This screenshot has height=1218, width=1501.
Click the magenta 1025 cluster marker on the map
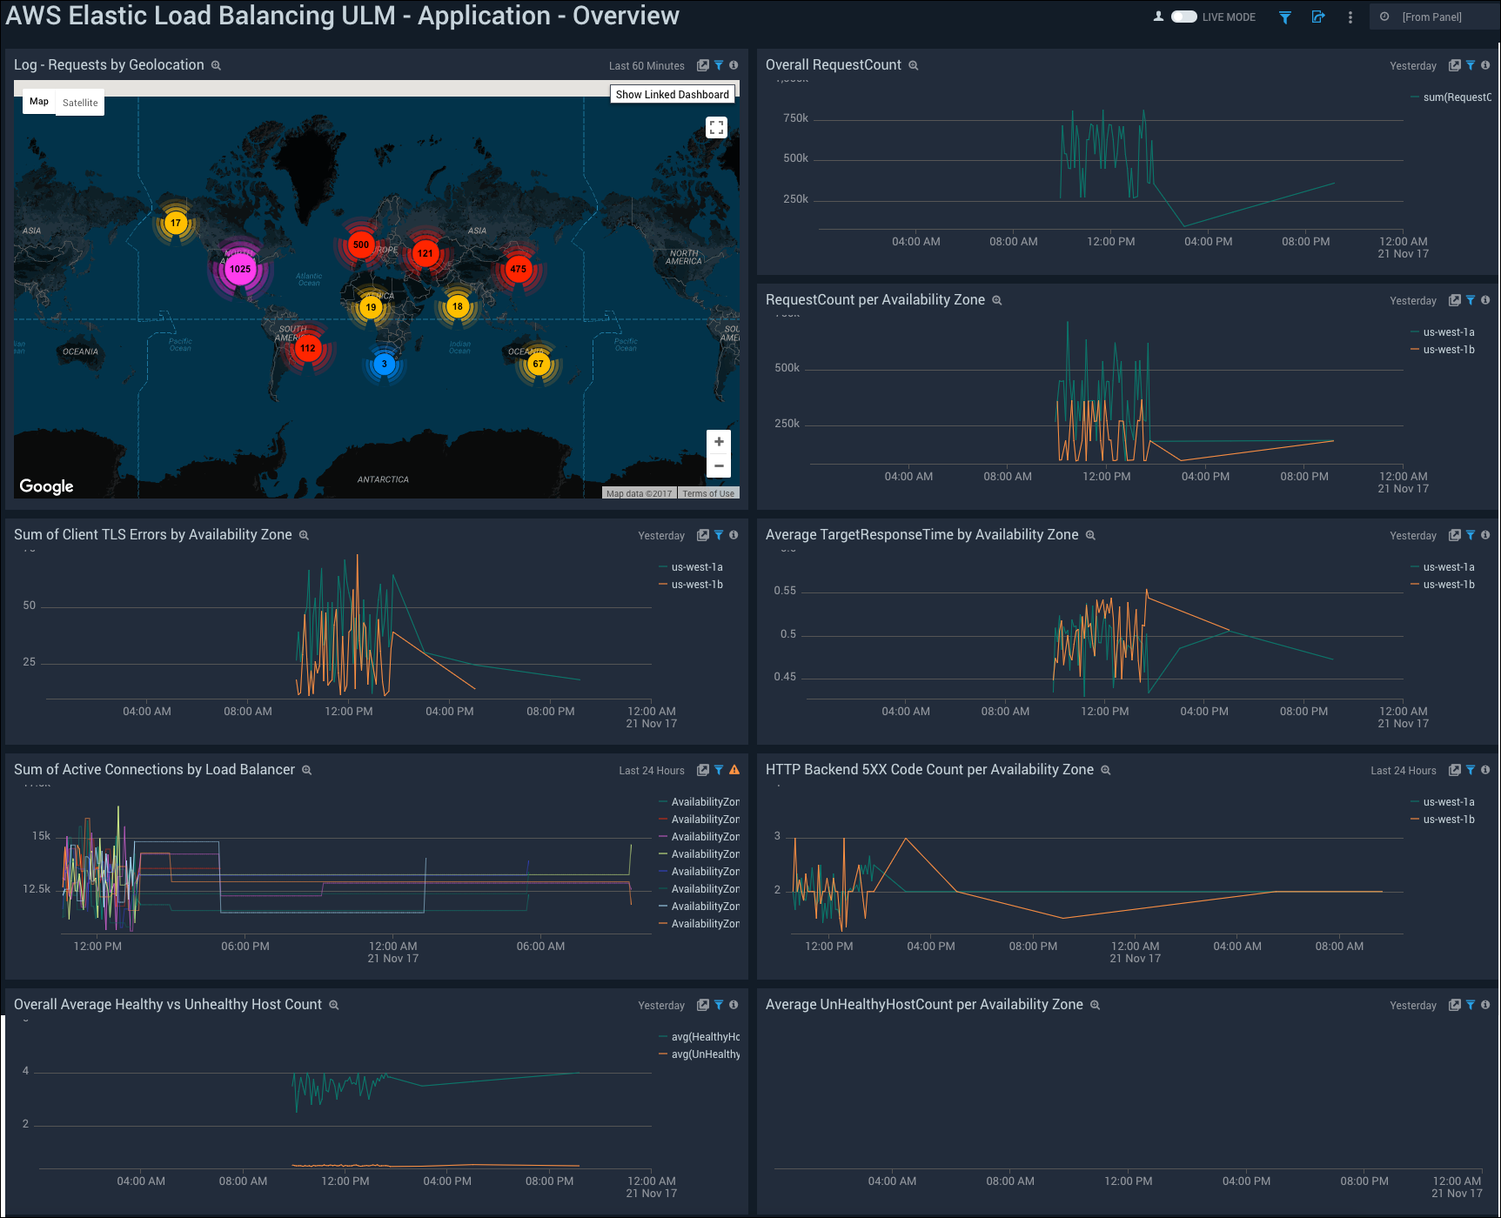coord(240,269)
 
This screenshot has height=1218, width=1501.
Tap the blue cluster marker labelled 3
coord(384,365)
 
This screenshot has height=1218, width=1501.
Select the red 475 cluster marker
coord(519,269)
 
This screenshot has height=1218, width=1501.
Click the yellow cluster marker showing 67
coord(539,364)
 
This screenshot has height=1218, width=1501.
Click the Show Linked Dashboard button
coord(672,94)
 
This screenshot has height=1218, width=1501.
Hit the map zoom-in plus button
coord(719,442)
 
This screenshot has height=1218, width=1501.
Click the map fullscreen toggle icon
coord(716,128)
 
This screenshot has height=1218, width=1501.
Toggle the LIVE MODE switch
coord(1183,17)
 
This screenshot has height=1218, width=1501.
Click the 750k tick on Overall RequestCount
coord(795,118)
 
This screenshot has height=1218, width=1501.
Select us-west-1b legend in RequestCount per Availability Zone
coord(1448,350)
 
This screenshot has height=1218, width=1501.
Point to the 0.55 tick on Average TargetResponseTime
coord(785,591)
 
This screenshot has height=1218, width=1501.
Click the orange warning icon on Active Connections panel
coord(734,770)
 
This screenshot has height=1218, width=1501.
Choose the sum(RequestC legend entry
coord(1456,97)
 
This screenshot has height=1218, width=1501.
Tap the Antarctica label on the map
coord(383,479)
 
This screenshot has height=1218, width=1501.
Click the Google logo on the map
coord(47,486)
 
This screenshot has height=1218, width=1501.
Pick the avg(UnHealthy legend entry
coord(705,1054)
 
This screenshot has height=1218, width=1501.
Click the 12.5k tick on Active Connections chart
coord(37,889)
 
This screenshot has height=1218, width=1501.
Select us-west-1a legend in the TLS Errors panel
coord(696,567)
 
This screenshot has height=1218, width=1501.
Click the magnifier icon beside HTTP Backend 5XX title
coord(1106,770)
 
